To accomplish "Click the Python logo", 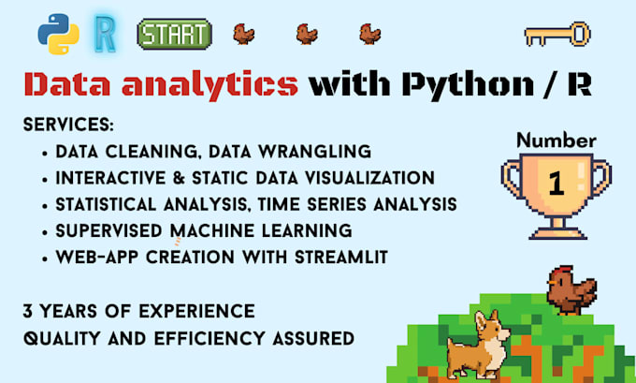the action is [58, 34].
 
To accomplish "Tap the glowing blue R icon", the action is [105, 34].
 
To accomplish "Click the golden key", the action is [557, 34].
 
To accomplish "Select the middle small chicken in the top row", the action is [307, 34].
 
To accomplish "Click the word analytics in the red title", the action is [210, 84].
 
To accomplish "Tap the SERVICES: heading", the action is [68, 125].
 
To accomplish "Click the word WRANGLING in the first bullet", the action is [315, 152].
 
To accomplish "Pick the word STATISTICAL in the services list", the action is [106, 204].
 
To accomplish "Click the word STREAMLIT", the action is [341, 258].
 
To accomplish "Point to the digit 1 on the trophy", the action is [556, 184].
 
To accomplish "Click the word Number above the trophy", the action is [556, 140].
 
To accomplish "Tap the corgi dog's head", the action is [492, 327].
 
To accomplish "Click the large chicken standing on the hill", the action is [571, 290].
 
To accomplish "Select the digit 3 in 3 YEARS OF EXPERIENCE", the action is [27, 312].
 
